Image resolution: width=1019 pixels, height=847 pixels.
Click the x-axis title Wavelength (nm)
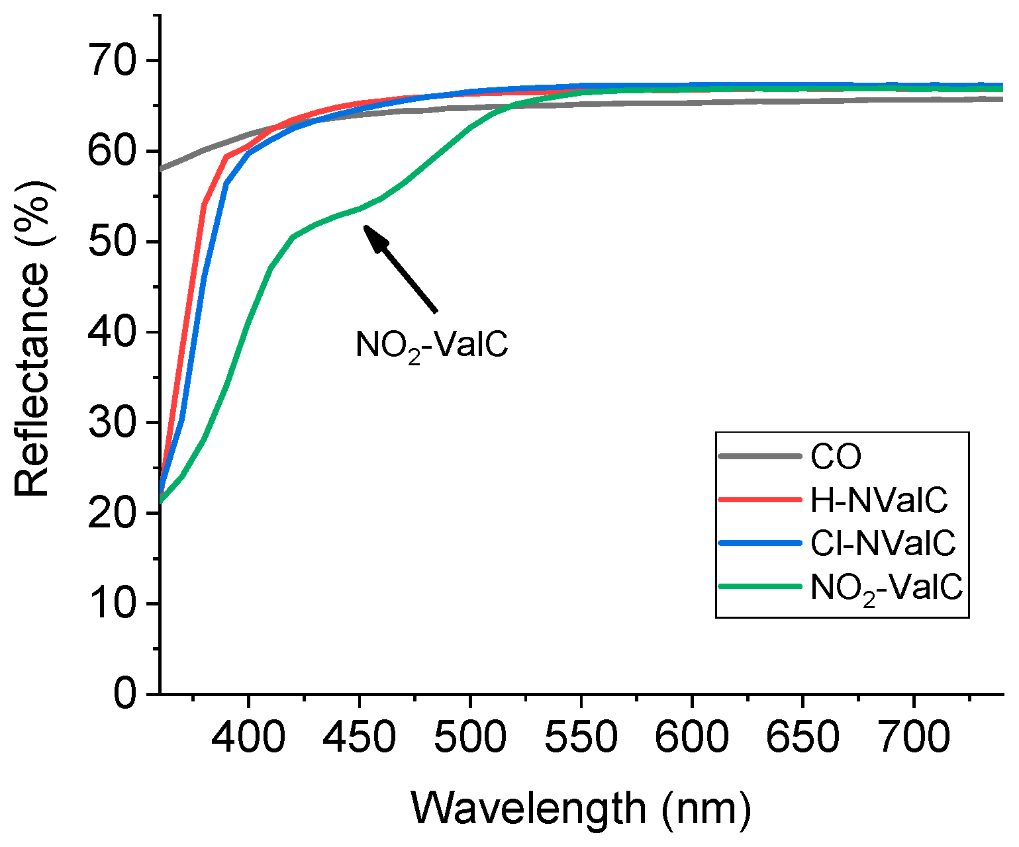coord(581,807)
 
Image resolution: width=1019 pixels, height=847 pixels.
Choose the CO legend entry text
coord(836,457)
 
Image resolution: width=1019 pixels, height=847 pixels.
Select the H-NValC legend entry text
coord(879,500)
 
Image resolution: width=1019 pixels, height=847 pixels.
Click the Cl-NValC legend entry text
coord(883,543)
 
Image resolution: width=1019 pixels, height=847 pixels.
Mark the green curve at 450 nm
coord(359,208)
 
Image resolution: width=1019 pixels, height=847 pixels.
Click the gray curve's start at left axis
coord(162,169)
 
